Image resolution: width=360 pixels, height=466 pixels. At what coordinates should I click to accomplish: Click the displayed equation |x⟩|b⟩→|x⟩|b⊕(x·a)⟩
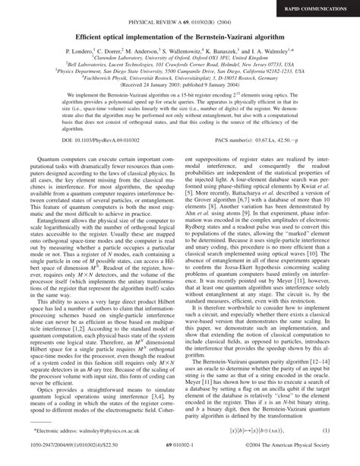[254, 431]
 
